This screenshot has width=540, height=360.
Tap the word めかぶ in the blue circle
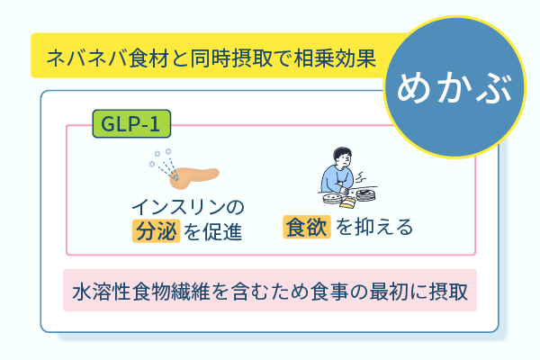click(454, 87)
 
